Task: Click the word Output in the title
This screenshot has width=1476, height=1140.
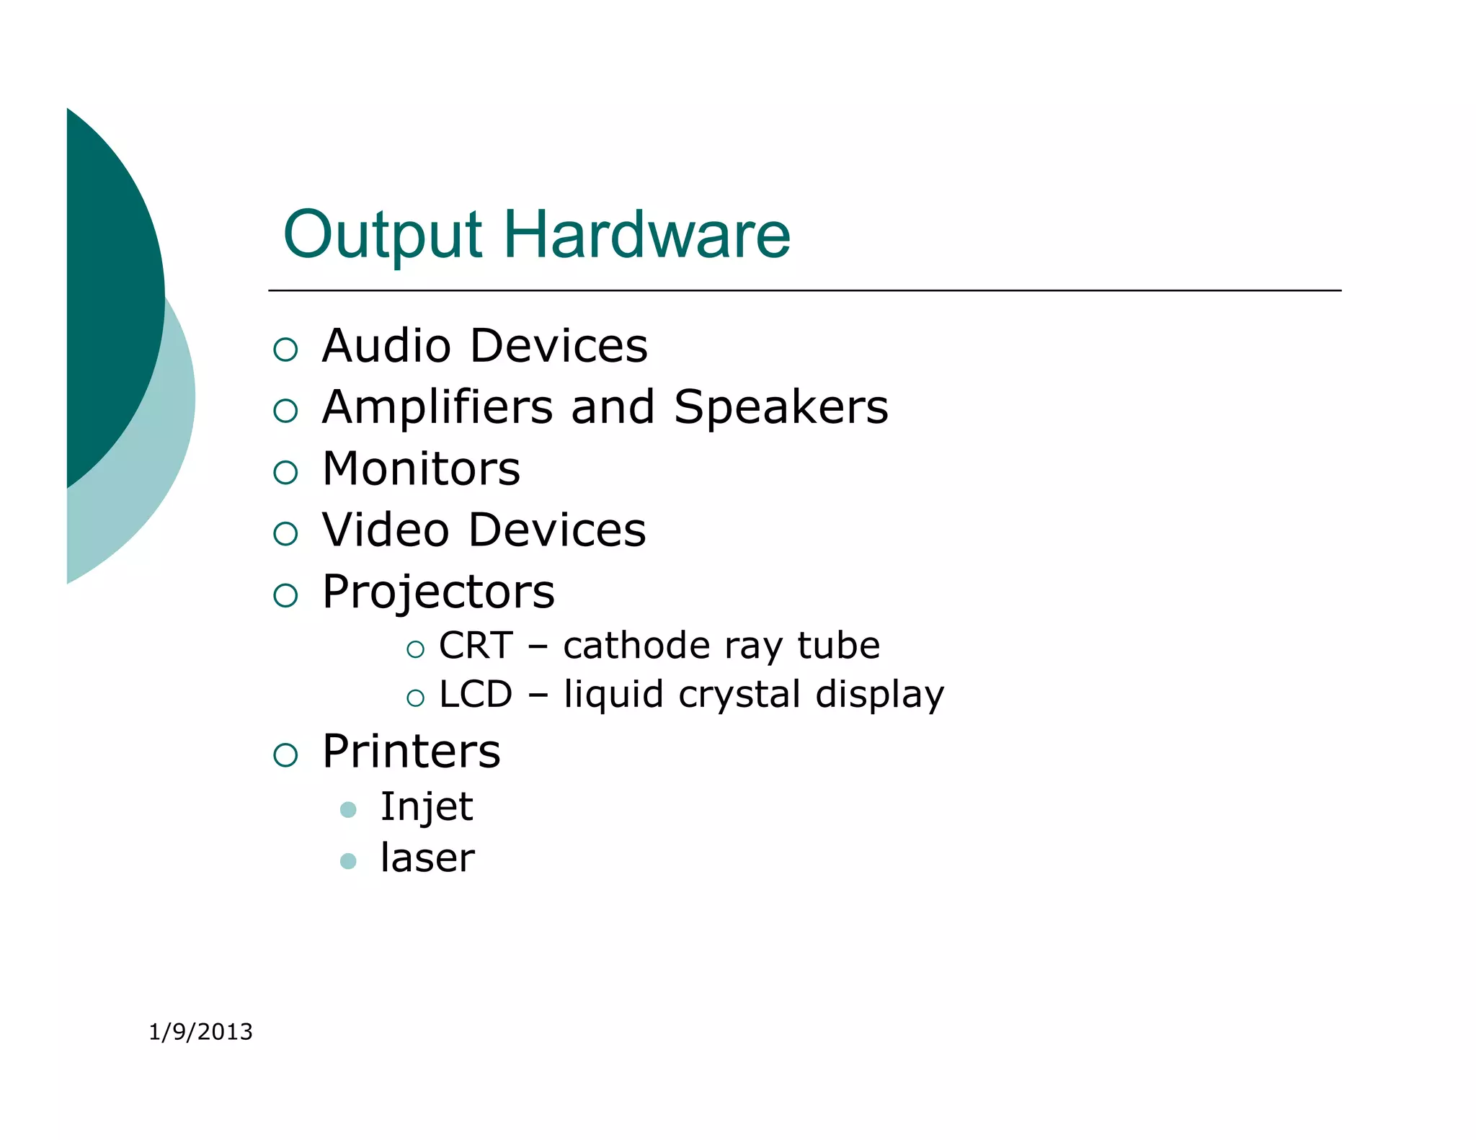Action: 382,235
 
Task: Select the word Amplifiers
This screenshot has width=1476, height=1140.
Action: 438,407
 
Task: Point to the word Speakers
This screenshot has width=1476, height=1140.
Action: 781,407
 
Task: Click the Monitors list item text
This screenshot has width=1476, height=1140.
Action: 421,469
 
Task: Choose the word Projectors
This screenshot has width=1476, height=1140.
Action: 438,592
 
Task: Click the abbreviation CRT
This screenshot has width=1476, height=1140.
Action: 476,646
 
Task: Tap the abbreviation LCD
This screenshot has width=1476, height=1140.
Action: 476,695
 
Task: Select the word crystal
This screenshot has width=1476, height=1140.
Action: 739,695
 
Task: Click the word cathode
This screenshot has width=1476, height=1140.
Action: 636,646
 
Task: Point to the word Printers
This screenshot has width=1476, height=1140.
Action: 411,752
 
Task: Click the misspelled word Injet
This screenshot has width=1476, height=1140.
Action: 427,806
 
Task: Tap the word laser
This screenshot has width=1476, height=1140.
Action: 427,858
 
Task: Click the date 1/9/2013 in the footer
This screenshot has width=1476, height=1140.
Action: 200,1032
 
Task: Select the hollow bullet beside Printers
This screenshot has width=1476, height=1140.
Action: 285,755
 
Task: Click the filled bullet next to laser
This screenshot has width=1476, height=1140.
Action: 348,861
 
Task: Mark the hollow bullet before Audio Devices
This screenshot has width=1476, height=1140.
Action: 285,349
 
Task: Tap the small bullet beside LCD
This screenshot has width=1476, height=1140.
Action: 415,698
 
